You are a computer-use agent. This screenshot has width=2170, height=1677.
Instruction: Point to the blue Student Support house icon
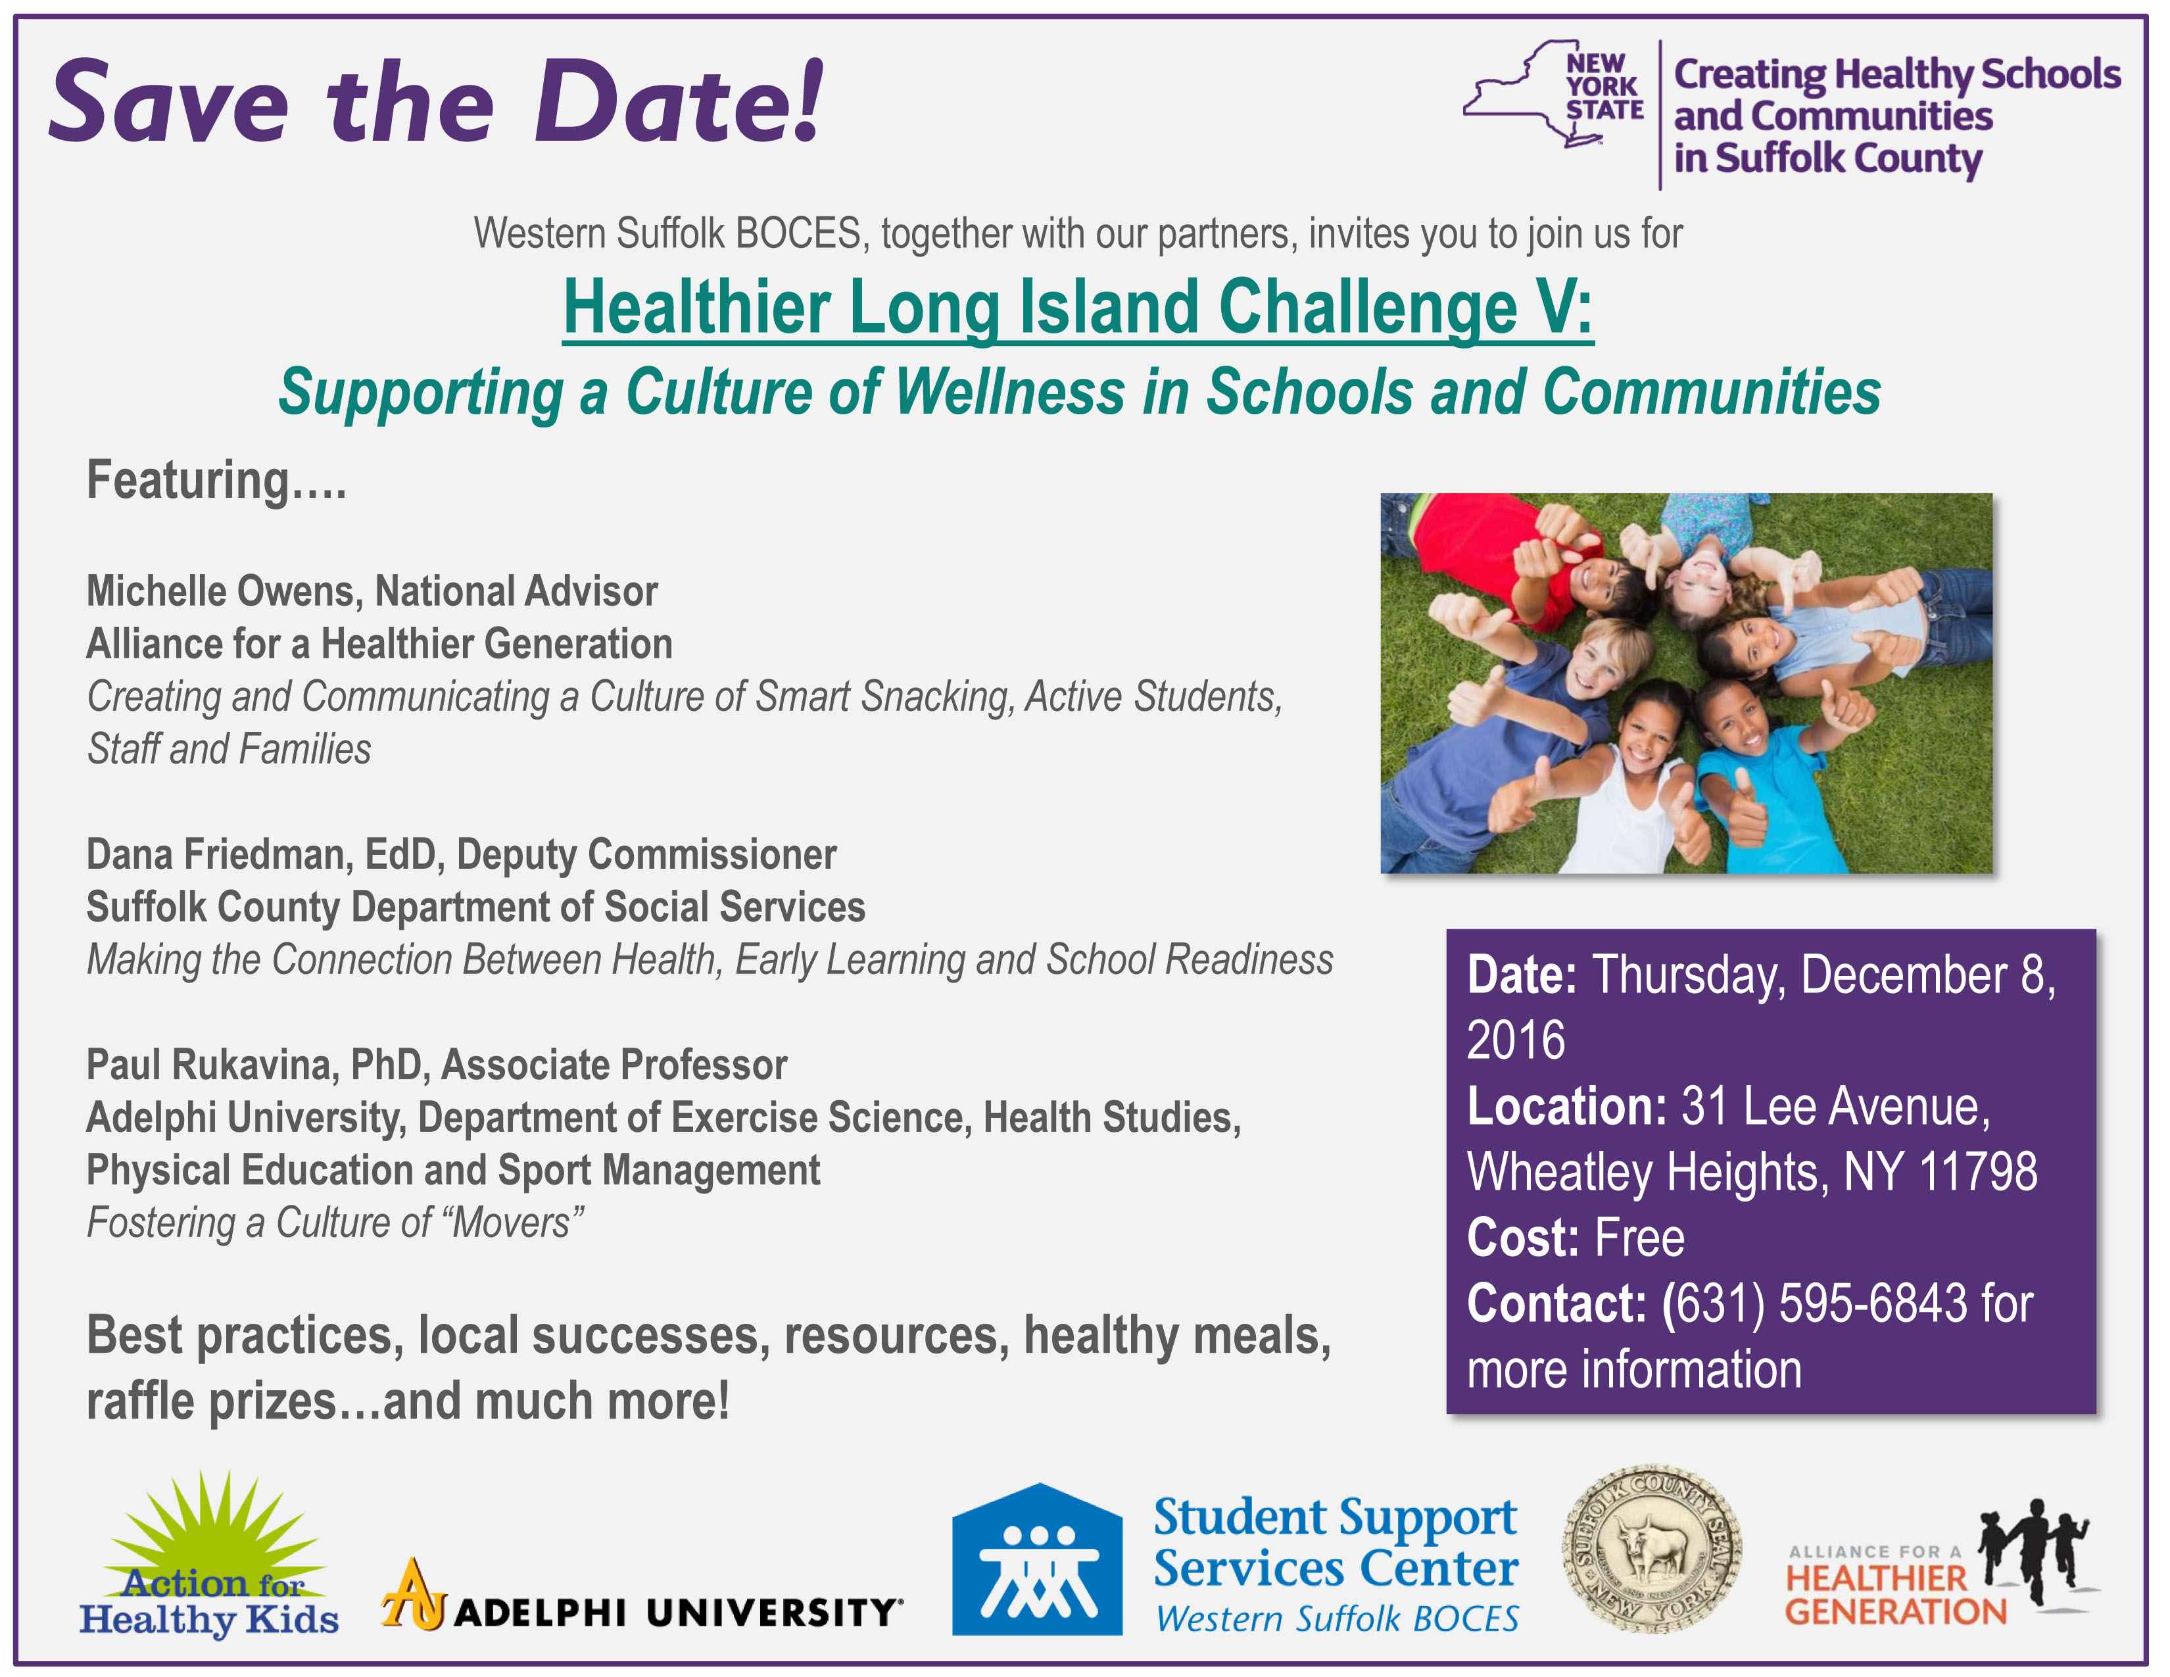(1037, 1561)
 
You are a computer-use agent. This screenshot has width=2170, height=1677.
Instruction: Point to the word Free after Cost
(1639, 1238)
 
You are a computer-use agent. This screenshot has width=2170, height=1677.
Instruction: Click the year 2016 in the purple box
(1516, 1040)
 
